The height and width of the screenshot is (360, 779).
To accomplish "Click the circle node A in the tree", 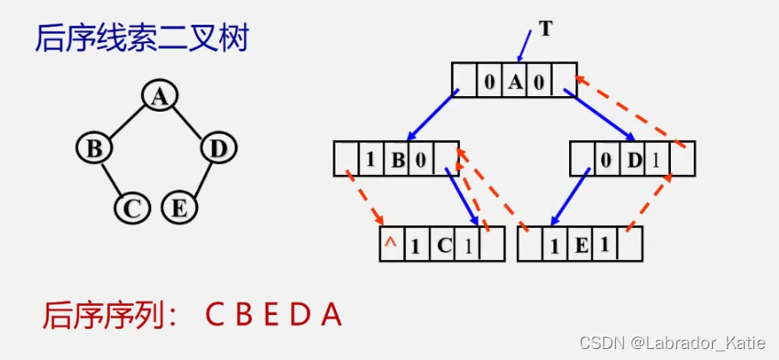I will (x=159, y=96).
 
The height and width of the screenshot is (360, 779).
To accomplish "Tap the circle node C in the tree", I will (x=132, y=209).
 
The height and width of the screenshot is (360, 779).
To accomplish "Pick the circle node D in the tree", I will (x=217, y=147).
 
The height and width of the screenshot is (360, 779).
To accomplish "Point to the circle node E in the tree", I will (x=180, y=208).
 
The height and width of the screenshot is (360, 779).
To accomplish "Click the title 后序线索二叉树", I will (x=141, y=38).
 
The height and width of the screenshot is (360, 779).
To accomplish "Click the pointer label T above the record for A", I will (x=546, y=28).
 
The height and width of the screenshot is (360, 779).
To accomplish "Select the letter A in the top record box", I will (x=515, y=82).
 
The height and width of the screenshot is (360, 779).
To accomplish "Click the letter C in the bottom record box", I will (x=443, y=245).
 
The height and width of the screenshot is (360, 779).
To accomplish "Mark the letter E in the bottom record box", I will (x=580, y=245).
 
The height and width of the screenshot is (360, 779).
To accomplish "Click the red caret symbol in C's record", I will (x=389, y=243).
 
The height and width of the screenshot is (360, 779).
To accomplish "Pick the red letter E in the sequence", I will (x=269, y=316).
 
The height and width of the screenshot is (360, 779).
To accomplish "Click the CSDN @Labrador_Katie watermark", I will (x=676, y=343).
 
